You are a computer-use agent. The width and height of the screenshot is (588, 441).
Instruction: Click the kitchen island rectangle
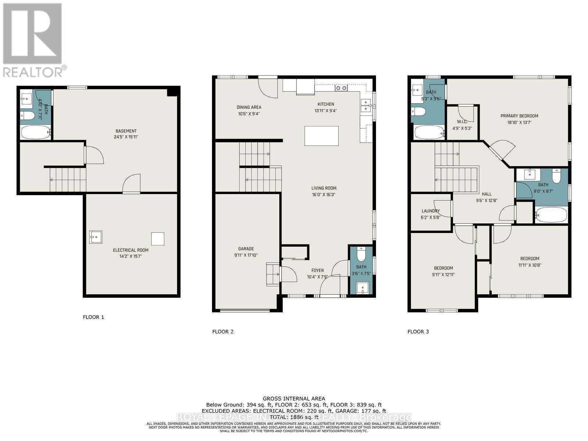[x=322, y=136]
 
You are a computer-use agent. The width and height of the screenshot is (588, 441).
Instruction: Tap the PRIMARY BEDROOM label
[x=519, y=116]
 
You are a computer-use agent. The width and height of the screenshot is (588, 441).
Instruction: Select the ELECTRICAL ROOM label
[x=130, y=250]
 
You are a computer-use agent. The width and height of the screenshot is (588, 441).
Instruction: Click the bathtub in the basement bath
[x=35, y=132]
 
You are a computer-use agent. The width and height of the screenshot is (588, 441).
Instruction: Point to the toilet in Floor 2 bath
[x=361, y=254]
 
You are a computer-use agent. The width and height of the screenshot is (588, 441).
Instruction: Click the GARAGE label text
[x=246, y=249]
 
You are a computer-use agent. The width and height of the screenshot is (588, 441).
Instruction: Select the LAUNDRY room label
[x=430, y=211]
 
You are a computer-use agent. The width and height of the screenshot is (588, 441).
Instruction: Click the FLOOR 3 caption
[x=418, y=331]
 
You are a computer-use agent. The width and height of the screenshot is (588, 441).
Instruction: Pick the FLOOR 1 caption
[x=93, y=317]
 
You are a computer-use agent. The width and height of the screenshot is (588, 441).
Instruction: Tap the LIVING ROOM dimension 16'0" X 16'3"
[x=324, y=194]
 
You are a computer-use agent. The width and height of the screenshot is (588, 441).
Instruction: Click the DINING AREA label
[x=249, y=107]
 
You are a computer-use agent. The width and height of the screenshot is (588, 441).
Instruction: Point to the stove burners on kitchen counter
[x=341, y=88]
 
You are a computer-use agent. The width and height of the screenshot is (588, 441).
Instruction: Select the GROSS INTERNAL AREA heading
[x=294, y=398]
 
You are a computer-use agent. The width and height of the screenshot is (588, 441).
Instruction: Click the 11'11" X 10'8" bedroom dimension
[x=530, y=265]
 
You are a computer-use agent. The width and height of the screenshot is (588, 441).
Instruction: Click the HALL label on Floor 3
[x=486, y=194]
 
